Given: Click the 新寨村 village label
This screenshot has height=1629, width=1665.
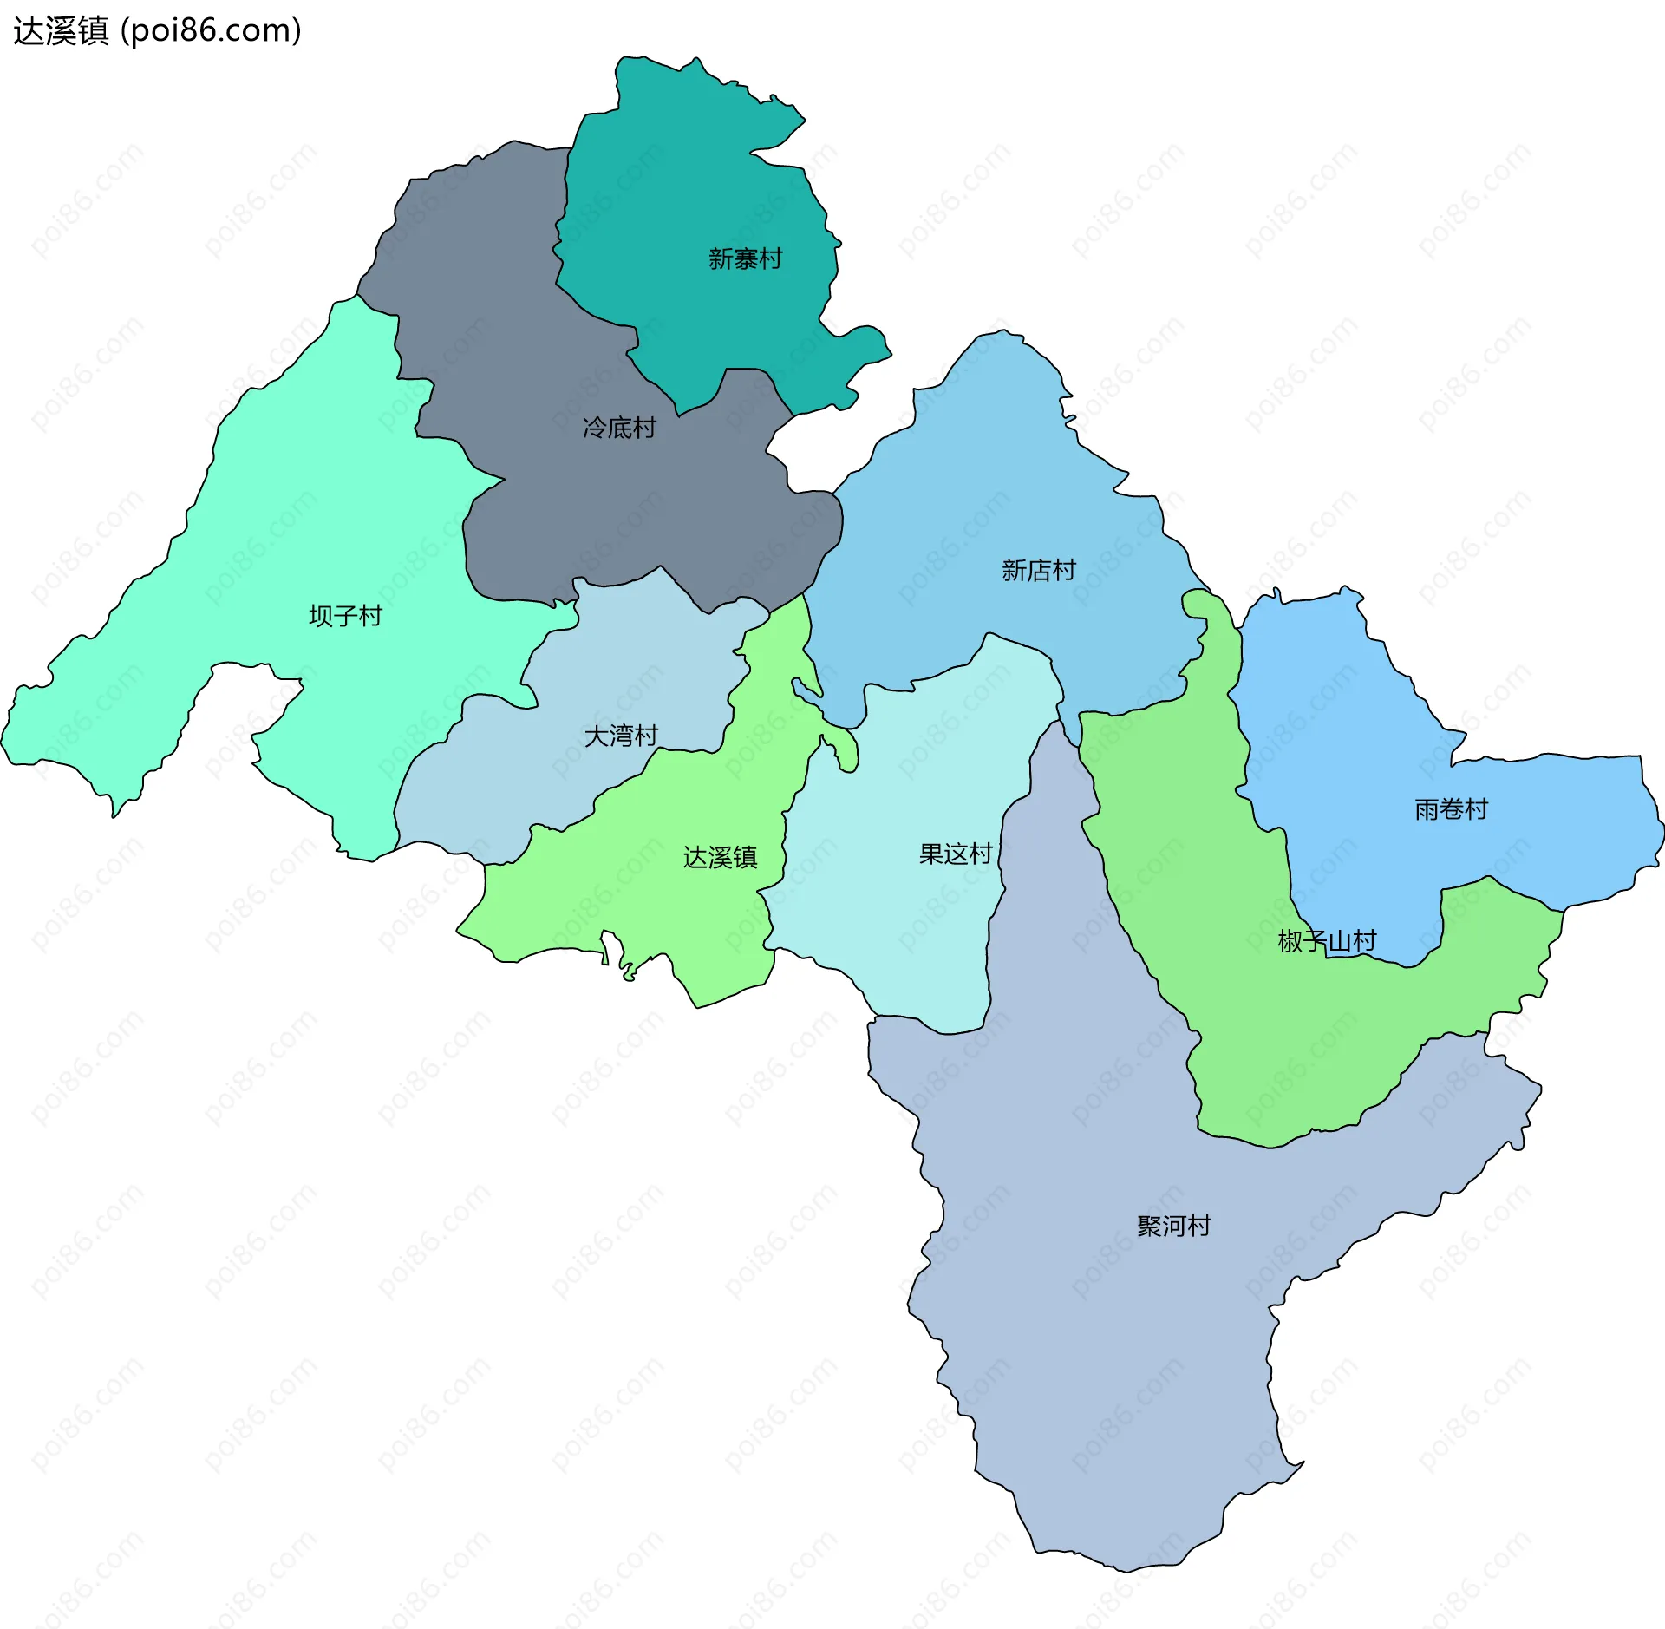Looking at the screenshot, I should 745,258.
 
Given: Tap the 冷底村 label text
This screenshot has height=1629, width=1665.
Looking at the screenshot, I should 619,428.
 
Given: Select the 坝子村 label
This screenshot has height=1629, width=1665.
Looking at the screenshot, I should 345,616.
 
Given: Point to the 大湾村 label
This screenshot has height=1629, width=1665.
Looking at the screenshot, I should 621,736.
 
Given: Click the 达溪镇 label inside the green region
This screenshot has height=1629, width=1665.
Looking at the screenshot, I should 720,857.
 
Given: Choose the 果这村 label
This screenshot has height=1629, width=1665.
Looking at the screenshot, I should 955,854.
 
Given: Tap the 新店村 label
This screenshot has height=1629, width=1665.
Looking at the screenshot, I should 1038,570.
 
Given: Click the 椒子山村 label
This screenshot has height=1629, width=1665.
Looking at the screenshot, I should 1327,941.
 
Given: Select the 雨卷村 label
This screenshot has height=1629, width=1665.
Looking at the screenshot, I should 1451,809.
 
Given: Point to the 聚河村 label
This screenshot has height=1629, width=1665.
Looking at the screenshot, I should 1173,1226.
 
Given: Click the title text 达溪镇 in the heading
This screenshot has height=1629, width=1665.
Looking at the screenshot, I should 61,31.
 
